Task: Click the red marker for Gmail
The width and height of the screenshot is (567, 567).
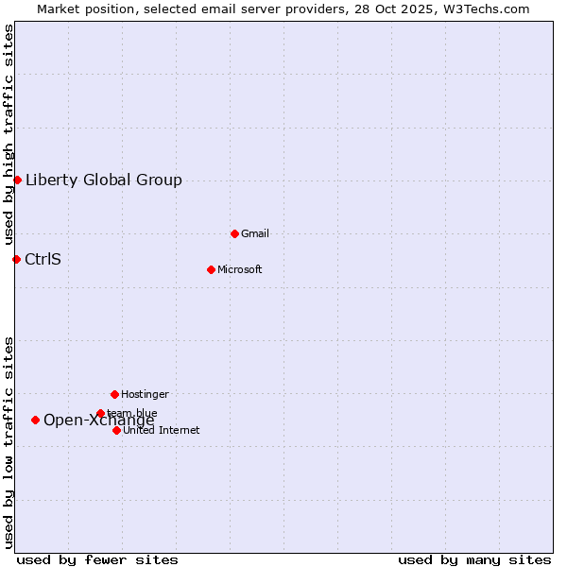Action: point(234,233)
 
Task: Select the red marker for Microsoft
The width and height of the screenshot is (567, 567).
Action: point(211,269)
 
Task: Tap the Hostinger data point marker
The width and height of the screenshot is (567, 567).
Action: point(114,394)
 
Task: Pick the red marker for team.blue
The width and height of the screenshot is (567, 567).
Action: point(100,413)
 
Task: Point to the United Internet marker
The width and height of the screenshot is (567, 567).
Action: point(116,430)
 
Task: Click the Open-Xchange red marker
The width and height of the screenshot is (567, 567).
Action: point(35,420)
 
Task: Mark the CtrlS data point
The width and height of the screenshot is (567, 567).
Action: point(16,259)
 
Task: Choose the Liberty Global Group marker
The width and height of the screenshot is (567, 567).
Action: point(17,180)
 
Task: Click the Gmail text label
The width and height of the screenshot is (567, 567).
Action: point(255,233)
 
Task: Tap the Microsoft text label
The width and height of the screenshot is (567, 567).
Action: point(240,269)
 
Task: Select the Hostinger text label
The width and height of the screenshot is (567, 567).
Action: point(145,394)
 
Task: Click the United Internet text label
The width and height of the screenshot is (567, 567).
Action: point(162,430)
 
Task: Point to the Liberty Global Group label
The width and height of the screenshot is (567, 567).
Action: point(104,180)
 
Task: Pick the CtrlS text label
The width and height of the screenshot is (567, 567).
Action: point(43,259)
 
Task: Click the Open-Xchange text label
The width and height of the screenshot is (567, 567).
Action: point(99,421)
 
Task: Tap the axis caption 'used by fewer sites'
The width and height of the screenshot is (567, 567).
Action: point(97,559)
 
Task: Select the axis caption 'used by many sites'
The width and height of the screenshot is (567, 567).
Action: point(474,559)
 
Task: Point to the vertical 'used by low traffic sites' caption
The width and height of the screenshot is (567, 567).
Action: point(9,442)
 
